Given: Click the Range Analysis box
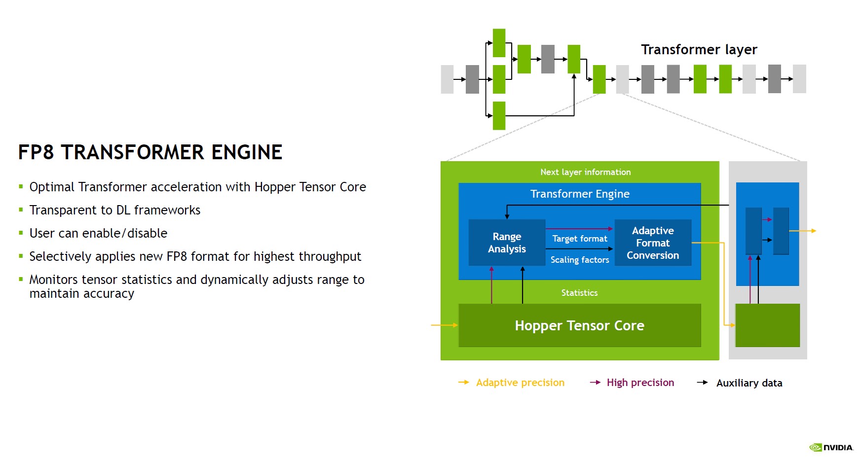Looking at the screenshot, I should (x=507, y=243).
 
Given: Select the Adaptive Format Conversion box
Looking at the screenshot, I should (x=653, y=243).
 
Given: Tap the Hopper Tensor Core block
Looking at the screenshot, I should (x=579, y=325).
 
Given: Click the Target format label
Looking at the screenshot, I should (x=580, y=239).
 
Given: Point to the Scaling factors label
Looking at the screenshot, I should (x=580, y=260).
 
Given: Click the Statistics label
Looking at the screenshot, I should (x=579, y=293).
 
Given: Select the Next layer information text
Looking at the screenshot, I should (x=585, y=172).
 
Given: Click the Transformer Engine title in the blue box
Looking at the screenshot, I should (x=580, y=194).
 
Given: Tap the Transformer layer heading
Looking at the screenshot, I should (x=699, y=50).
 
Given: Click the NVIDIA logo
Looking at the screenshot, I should (x=831, y=447).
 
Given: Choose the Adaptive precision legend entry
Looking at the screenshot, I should (x=520, y=383).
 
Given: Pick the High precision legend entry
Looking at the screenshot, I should (x=640, y=383).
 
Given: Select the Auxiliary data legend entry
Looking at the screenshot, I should (x=749, y=383).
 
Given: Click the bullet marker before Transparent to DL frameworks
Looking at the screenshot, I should (x=21, y=210).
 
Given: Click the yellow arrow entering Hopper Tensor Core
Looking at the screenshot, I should (x=444, y=325).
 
